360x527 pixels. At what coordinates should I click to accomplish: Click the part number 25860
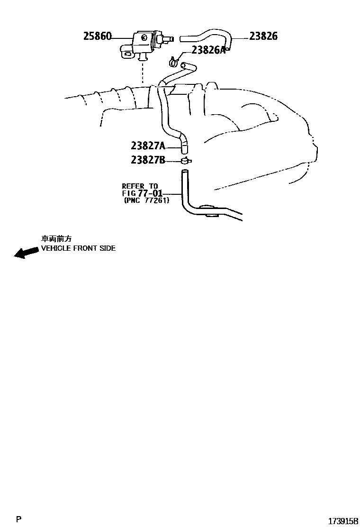[x=98, y=36]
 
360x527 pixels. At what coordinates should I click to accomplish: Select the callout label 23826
[x=263, y=36]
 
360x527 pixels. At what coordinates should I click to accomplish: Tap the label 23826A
[x=209, y=50]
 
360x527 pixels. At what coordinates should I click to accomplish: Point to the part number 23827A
[x=148, y=145]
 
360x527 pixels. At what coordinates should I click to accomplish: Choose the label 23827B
[x=148, y=160]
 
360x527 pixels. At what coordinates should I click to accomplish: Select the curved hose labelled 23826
[x=208, y=36]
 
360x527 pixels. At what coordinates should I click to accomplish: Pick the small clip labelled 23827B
[x=185, y=161]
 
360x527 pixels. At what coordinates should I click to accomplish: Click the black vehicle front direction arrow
[x=26, y=252]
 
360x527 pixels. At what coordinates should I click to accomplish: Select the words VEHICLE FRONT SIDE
[x=78, y=248]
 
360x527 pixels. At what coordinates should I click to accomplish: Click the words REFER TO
[x=140, y=186]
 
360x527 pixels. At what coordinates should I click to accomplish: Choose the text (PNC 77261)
[x=146, y=200]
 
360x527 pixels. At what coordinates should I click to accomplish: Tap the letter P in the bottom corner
[x=18, y=520]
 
